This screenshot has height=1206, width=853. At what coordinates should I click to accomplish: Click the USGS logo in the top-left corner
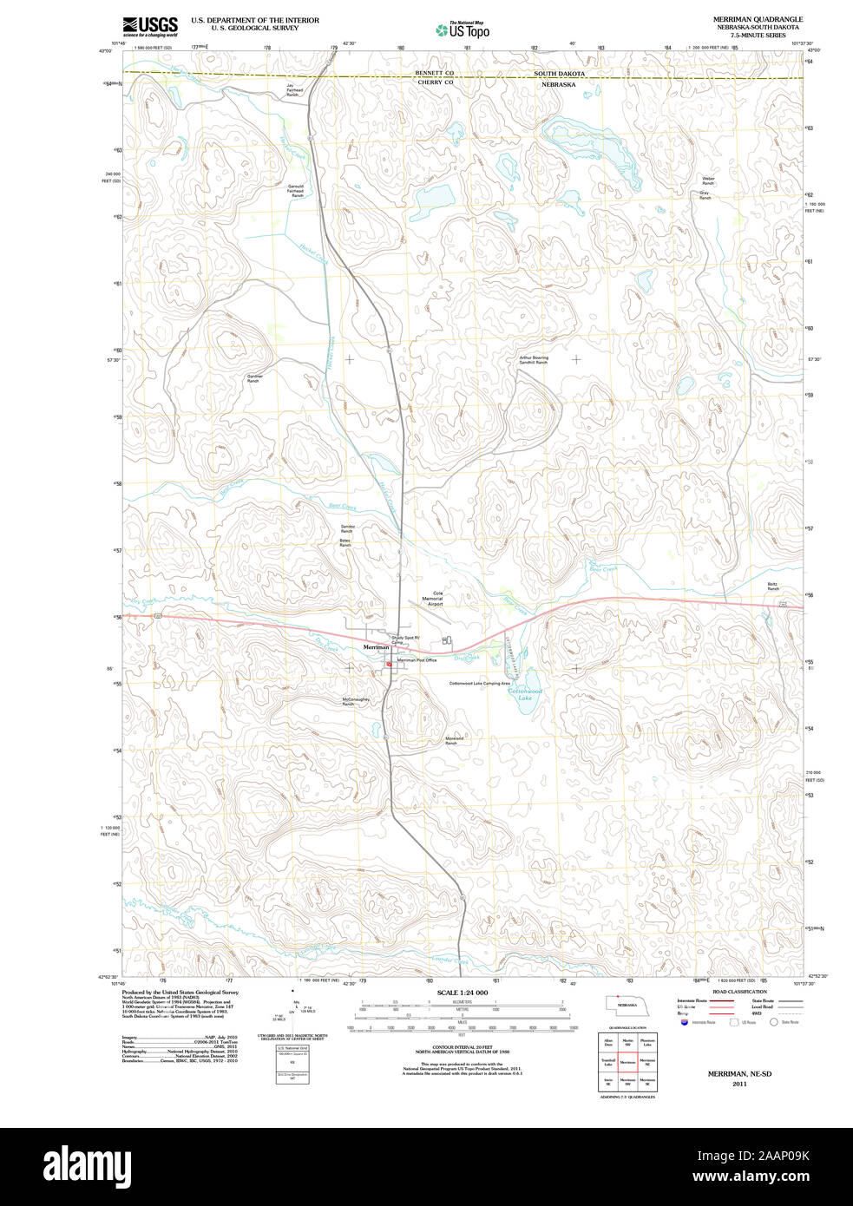(x=149, y=25)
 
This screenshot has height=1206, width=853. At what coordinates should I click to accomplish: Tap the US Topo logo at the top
(x=463, y=30)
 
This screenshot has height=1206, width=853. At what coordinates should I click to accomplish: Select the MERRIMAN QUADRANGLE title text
(x=758, y=19)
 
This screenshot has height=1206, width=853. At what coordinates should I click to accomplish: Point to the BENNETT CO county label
(x=434, y=73)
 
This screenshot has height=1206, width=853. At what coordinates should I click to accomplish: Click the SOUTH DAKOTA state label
(x=559, y=74)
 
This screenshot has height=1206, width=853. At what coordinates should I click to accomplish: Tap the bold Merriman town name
(x=376, y=647)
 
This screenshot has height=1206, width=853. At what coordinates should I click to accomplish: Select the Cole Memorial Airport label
(x=432, y=599)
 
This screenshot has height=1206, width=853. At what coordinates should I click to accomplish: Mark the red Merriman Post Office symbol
(x=390, y=665)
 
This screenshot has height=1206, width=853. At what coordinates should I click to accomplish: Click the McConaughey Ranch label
(x=356, y=701)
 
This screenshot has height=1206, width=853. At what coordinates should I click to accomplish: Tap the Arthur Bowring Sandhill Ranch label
(x=534, y=359)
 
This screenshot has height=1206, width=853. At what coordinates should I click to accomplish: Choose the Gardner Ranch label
(x=254, y=378)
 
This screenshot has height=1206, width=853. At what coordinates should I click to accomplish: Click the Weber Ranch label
(x=708, y=180)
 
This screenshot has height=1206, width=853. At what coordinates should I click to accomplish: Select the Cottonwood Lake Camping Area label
(x=479, y=684)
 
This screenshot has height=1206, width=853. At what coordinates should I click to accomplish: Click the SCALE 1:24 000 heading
(x=462, y=993)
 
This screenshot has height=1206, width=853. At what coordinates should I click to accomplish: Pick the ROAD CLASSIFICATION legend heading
(x=739, y=992)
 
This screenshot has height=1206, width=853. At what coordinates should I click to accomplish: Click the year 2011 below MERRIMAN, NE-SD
(x=739, y=1084)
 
